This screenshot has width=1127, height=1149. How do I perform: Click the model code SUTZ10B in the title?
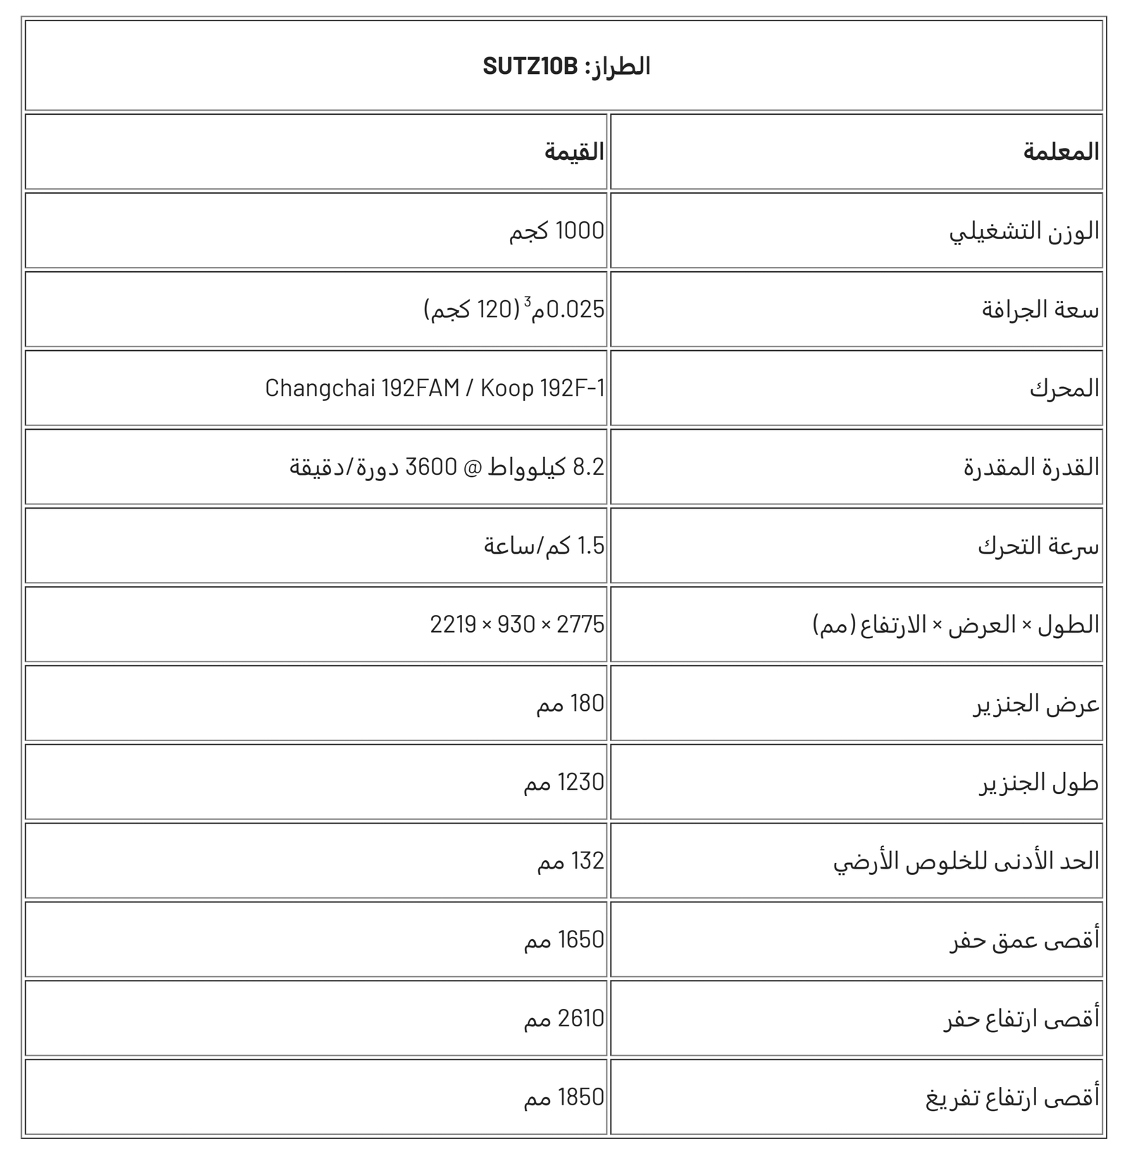point(530,66)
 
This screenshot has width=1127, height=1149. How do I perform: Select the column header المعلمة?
point(1061,152)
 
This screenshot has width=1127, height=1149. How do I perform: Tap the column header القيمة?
point(574,152)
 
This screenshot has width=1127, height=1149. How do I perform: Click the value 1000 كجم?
point(556,231)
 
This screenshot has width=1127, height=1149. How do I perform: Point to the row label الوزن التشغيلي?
point(1024,231)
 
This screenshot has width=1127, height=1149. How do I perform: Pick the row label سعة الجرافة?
point(1040,310)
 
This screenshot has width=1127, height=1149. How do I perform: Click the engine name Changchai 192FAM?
point(362,388)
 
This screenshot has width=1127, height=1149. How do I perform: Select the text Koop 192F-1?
point(542,388)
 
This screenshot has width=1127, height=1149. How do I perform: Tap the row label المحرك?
point(1064,388)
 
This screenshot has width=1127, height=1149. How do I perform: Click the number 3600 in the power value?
point(430,467)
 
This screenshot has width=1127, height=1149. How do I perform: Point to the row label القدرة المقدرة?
point(1031,467)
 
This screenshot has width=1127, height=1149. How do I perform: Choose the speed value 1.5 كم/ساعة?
point(544,546)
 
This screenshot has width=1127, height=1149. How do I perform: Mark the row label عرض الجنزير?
point(1036,704)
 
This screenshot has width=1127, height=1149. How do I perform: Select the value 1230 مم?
point(563,783)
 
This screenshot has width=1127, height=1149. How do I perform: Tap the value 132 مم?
point(571,862)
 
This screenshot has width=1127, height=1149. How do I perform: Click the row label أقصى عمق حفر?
point(1024,940)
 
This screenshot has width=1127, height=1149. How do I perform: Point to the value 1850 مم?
point(563,1098)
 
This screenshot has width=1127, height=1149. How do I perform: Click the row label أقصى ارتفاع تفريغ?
point(1012,1098)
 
